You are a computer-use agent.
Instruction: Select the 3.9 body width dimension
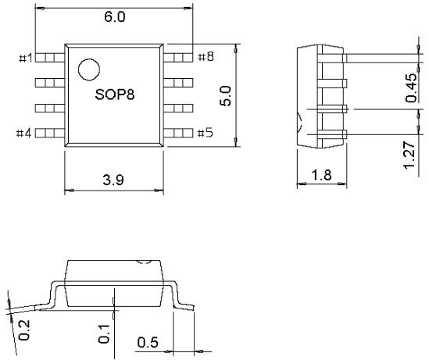tap(114, 180)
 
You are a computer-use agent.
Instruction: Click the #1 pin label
tap(24, 57)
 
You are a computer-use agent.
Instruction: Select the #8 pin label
tap(206, 57)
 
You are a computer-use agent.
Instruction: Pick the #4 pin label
tap(24, 133)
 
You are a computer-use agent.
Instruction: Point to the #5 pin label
tap(206, 133)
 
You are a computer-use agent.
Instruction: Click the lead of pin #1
tap(49, 57)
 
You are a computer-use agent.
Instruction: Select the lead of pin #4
tap(49, 133)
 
